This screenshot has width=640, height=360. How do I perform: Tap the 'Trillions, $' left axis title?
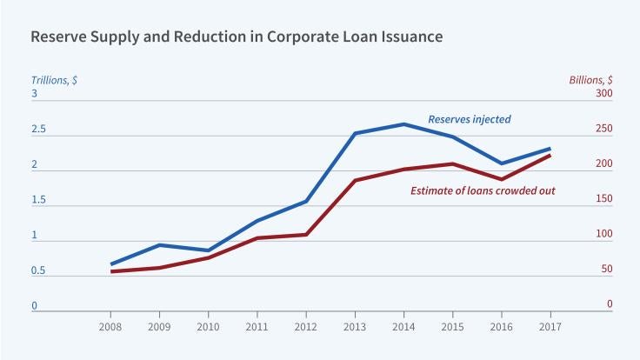pyautogui.click(x=54, y=79)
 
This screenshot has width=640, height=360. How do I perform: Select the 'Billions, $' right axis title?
pyautogui.click(x=590, y=79)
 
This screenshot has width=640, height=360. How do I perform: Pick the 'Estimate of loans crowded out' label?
pyautogui.click(x=483, y=189)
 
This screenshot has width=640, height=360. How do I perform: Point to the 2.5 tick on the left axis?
pyautogui.click(x=39, y=130)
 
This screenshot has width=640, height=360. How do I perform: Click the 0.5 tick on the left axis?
pyautogui.click(x=39, y=271)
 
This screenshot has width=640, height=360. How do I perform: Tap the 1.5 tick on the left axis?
pyautogui.click(x=39, y=200)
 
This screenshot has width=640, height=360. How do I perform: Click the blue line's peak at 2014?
pyautogui.click(x=403, y=124)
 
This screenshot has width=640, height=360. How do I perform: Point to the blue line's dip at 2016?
pyautogui.click(x=501, y=163)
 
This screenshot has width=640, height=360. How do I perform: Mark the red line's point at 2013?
pyautogui.click(x=355, y=180)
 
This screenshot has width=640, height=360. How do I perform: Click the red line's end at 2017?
pyautogui.click(x=550, y=155)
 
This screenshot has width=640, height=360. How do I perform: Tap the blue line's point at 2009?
pyautogui.click(x=159, y=245)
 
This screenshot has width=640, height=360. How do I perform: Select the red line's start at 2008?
pyautogui.click(x=110, y=271)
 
